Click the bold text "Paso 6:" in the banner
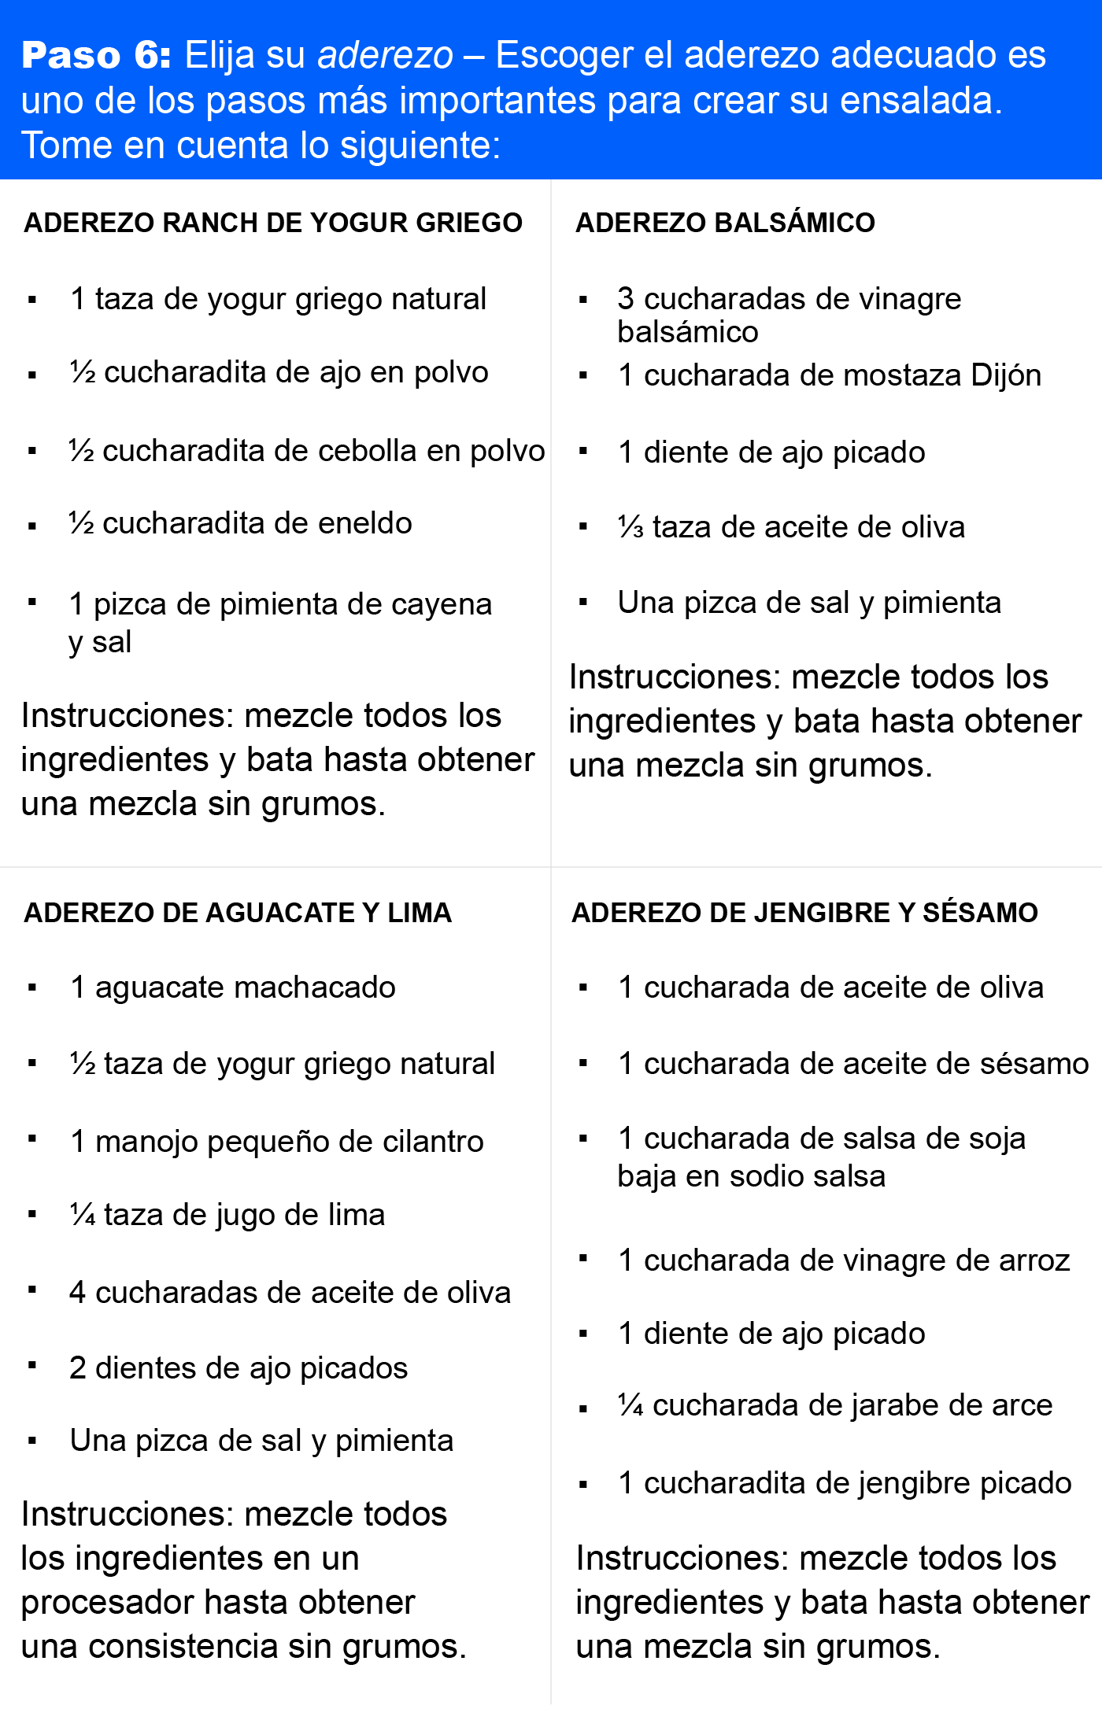[x=96, y=55]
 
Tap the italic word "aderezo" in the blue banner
[x=385, y=55]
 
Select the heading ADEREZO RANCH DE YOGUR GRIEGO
[x=273, y=223]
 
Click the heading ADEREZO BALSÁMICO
[x=725, y=223]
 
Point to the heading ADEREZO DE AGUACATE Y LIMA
[x=238, y=913]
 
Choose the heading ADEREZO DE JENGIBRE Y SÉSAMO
[x=804, y=913]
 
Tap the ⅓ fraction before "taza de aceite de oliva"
[x=631, y=527]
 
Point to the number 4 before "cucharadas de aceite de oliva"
[x=77, y=1293]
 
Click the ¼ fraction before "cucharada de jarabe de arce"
[x=631, y=1405]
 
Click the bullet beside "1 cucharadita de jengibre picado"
[x=583, y=1486]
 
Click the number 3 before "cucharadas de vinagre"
[x=626, y=299]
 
